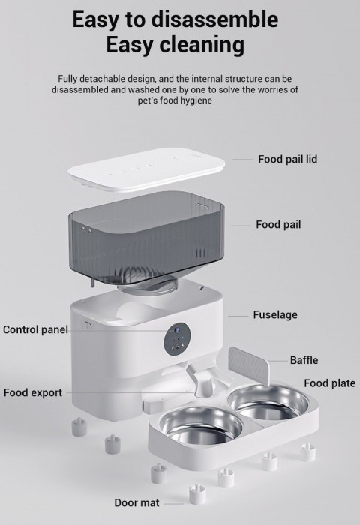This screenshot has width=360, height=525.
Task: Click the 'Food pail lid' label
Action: tap(287, 159)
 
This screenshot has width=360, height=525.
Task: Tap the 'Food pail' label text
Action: tap(278, 224)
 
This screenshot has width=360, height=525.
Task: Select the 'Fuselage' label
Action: tap(275, 315)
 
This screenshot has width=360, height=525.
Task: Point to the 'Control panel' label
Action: tap(35, 329)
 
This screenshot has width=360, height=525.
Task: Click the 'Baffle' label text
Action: tap(304, 360)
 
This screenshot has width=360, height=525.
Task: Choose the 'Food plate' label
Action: tap(329, 382)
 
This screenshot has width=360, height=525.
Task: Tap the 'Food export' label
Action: tap(33, 392)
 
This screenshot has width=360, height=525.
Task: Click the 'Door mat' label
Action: tap(136, 502)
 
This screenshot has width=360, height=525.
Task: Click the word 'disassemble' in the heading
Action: tap(214, 19)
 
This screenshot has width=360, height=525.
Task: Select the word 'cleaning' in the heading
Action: tap(202, 44)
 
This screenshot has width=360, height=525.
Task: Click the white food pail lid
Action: tap(146, 169)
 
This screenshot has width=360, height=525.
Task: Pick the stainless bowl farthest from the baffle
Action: tap(202, 424)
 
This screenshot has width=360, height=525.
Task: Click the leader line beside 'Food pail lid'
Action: tap(243, 159)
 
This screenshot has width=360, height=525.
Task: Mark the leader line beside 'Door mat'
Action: tap(173, 503)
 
